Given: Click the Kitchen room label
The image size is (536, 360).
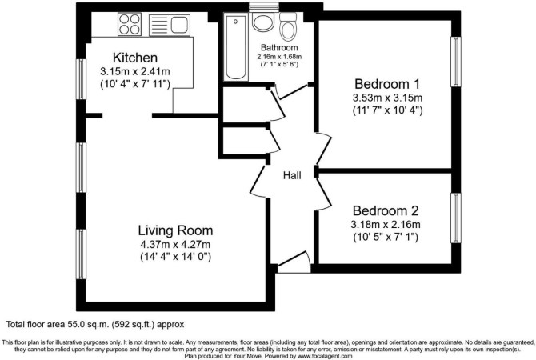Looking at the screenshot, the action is tap(135, 58).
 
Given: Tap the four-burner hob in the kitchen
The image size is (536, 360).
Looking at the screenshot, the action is tap(130, 24).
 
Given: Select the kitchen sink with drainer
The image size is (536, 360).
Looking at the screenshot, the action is tap(170, 25).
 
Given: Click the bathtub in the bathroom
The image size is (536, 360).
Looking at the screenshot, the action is tap(236, 47).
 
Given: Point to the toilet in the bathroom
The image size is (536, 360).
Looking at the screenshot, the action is tap(288, 26).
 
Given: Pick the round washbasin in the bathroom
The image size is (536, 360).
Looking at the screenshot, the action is tap(263, 22).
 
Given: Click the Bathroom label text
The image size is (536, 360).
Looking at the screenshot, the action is tap(279, 47).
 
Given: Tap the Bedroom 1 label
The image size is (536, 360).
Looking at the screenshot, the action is tap(387, 84).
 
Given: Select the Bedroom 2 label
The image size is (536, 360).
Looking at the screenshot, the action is tap(386, 210).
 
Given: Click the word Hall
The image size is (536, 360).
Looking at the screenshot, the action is tap(292, 176).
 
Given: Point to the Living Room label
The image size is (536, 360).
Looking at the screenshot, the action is tap(175, 230).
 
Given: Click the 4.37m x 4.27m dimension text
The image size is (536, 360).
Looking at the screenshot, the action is tap(175, 245).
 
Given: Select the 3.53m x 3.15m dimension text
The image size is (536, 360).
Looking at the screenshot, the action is tap(387, 98).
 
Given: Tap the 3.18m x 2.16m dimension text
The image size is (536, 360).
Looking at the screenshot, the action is tap(386, 225).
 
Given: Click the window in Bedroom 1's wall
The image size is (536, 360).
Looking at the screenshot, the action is tap(456, 62).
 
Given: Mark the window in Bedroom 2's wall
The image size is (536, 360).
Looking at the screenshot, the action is tap(456, 218).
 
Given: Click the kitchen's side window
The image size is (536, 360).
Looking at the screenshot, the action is tap(81, 79).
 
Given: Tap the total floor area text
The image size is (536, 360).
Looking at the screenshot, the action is tap(95, 325).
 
